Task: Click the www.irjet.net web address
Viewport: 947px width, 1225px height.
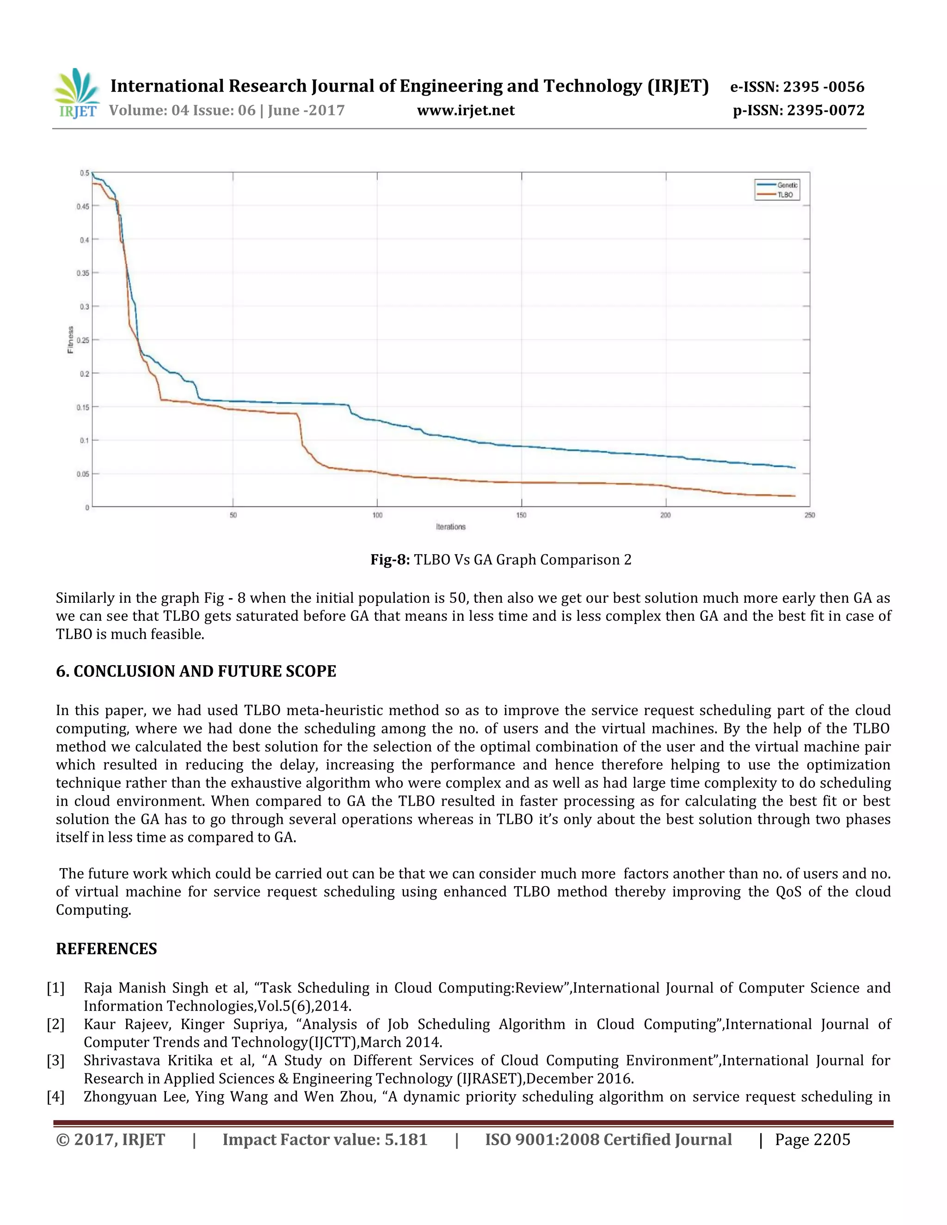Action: (466, 110)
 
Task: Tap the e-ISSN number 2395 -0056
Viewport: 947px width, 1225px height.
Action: (823, 87)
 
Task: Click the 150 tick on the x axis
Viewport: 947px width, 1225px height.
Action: (521, 515)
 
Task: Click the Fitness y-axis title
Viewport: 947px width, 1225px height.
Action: (71, 340)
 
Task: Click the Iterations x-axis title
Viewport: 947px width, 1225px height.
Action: (450, 527)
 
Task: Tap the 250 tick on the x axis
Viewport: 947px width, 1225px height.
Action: (809, 515)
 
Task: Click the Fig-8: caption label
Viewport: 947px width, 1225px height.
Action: (390, 560)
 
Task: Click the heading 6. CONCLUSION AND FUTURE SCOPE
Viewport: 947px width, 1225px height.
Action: (196, 671)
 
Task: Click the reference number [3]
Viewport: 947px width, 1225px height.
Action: (55, 1060)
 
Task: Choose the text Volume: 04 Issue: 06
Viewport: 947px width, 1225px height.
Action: (182, 110)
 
